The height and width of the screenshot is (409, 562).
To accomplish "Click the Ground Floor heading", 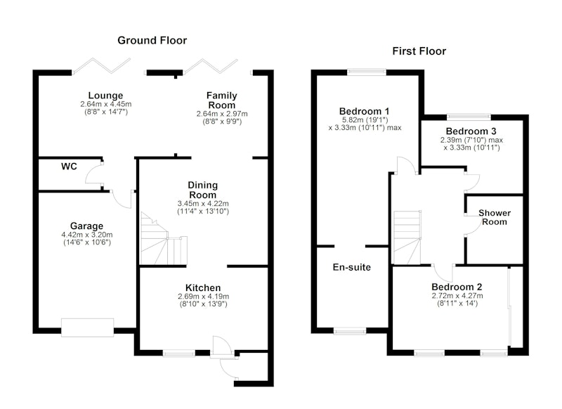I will [x=152, y=40].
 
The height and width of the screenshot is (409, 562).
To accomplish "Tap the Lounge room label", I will [x=105, y=96].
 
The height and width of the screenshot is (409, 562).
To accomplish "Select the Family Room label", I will [x=221, y=100].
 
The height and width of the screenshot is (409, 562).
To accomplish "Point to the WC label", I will [x=69, y=167].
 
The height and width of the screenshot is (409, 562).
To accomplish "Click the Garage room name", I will [x=86, y=226].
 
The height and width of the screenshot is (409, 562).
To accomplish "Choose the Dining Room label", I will [x=202, y=190].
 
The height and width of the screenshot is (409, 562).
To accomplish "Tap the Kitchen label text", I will [x=203, y=287].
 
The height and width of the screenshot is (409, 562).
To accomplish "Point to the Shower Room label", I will [x=495, y=217].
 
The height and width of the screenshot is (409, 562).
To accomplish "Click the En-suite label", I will [x=351, y=267].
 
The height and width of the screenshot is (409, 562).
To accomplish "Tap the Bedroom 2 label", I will [x=457, y=287].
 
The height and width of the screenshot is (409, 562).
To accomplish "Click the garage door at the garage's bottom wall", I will [x=87, y=327].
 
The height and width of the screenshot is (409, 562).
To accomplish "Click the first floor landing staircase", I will [x=406, y=238].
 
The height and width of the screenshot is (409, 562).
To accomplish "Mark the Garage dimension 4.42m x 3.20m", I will [x=86, y=235].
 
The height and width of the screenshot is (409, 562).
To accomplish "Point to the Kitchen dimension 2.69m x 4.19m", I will [x=203, y=297].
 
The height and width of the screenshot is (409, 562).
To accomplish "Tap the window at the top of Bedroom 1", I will [x=365, y=71].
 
